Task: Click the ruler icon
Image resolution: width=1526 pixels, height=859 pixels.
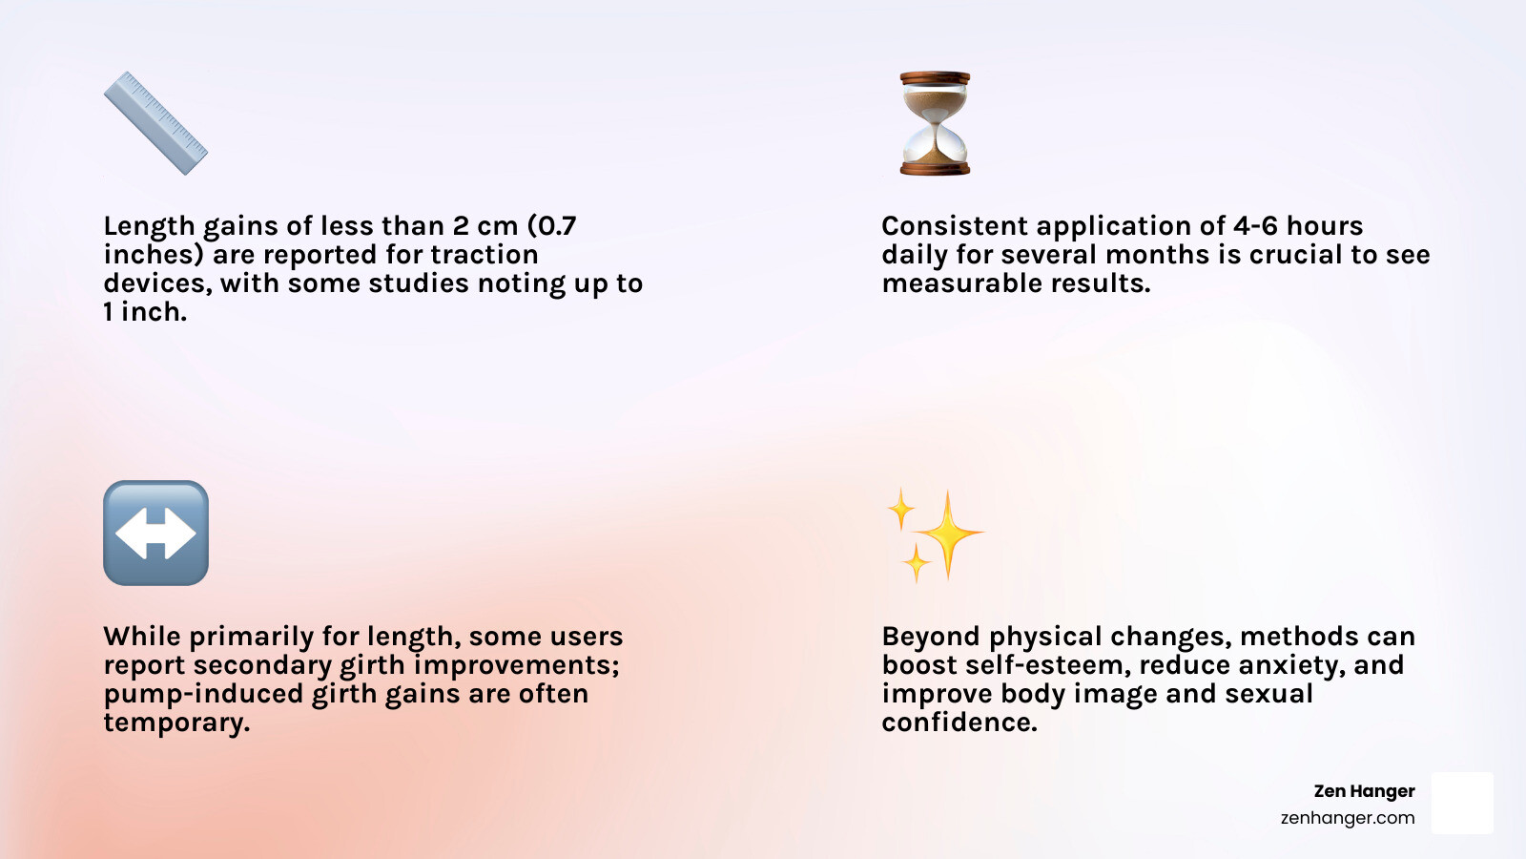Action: (155, 123)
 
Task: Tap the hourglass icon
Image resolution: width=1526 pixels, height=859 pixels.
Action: (935, 123)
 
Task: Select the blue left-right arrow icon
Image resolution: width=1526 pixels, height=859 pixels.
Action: (156, 533)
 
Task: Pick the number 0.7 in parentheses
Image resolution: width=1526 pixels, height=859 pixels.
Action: (552, 225)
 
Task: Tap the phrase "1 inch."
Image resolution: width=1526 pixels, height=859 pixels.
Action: (145, 311)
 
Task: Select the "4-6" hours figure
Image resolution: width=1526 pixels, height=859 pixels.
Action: (1254, 225)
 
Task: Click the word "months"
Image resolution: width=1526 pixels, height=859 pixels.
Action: (1157, 254)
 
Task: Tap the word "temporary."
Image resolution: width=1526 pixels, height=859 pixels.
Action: (177, 723)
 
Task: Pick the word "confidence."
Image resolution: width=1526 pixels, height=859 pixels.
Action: (959, 723)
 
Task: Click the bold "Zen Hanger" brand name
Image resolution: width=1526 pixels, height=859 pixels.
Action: (1365, 791)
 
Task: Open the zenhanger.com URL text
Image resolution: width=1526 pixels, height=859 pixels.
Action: (1349, 818)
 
